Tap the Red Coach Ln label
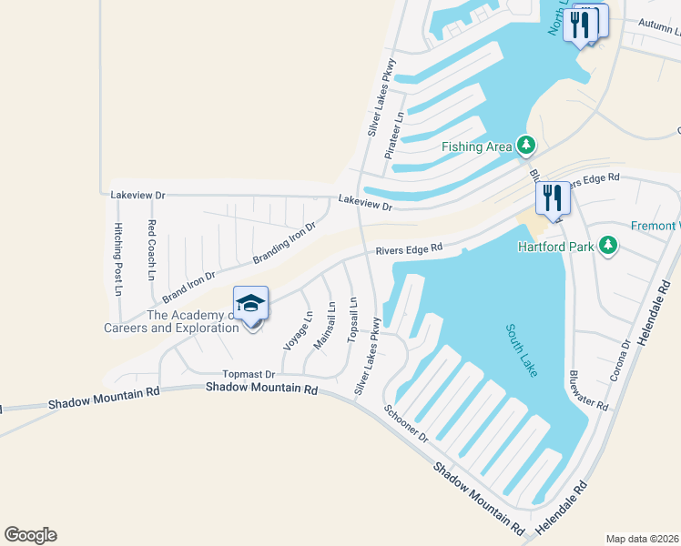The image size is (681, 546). pyautogui.click(x=152, y=249)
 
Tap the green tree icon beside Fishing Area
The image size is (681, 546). pyautogui.click(x=525, y=144)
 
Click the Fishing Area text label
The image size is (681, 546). pyautogui.click(x=476, y=147)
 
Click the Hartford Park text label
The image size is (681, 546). pyautogui.click(x=555, y=247)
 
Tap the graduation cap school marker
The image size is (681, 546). pyautogui.click(x=250, y=304)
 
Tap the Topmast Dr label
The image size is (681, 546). pyautogui.click(x=249, y=374)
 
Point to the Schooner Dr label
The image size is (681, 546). pyautogui.click(x=406, y=424)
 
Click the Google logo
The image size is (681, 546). pyautogui.click(x=30, y=535)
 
